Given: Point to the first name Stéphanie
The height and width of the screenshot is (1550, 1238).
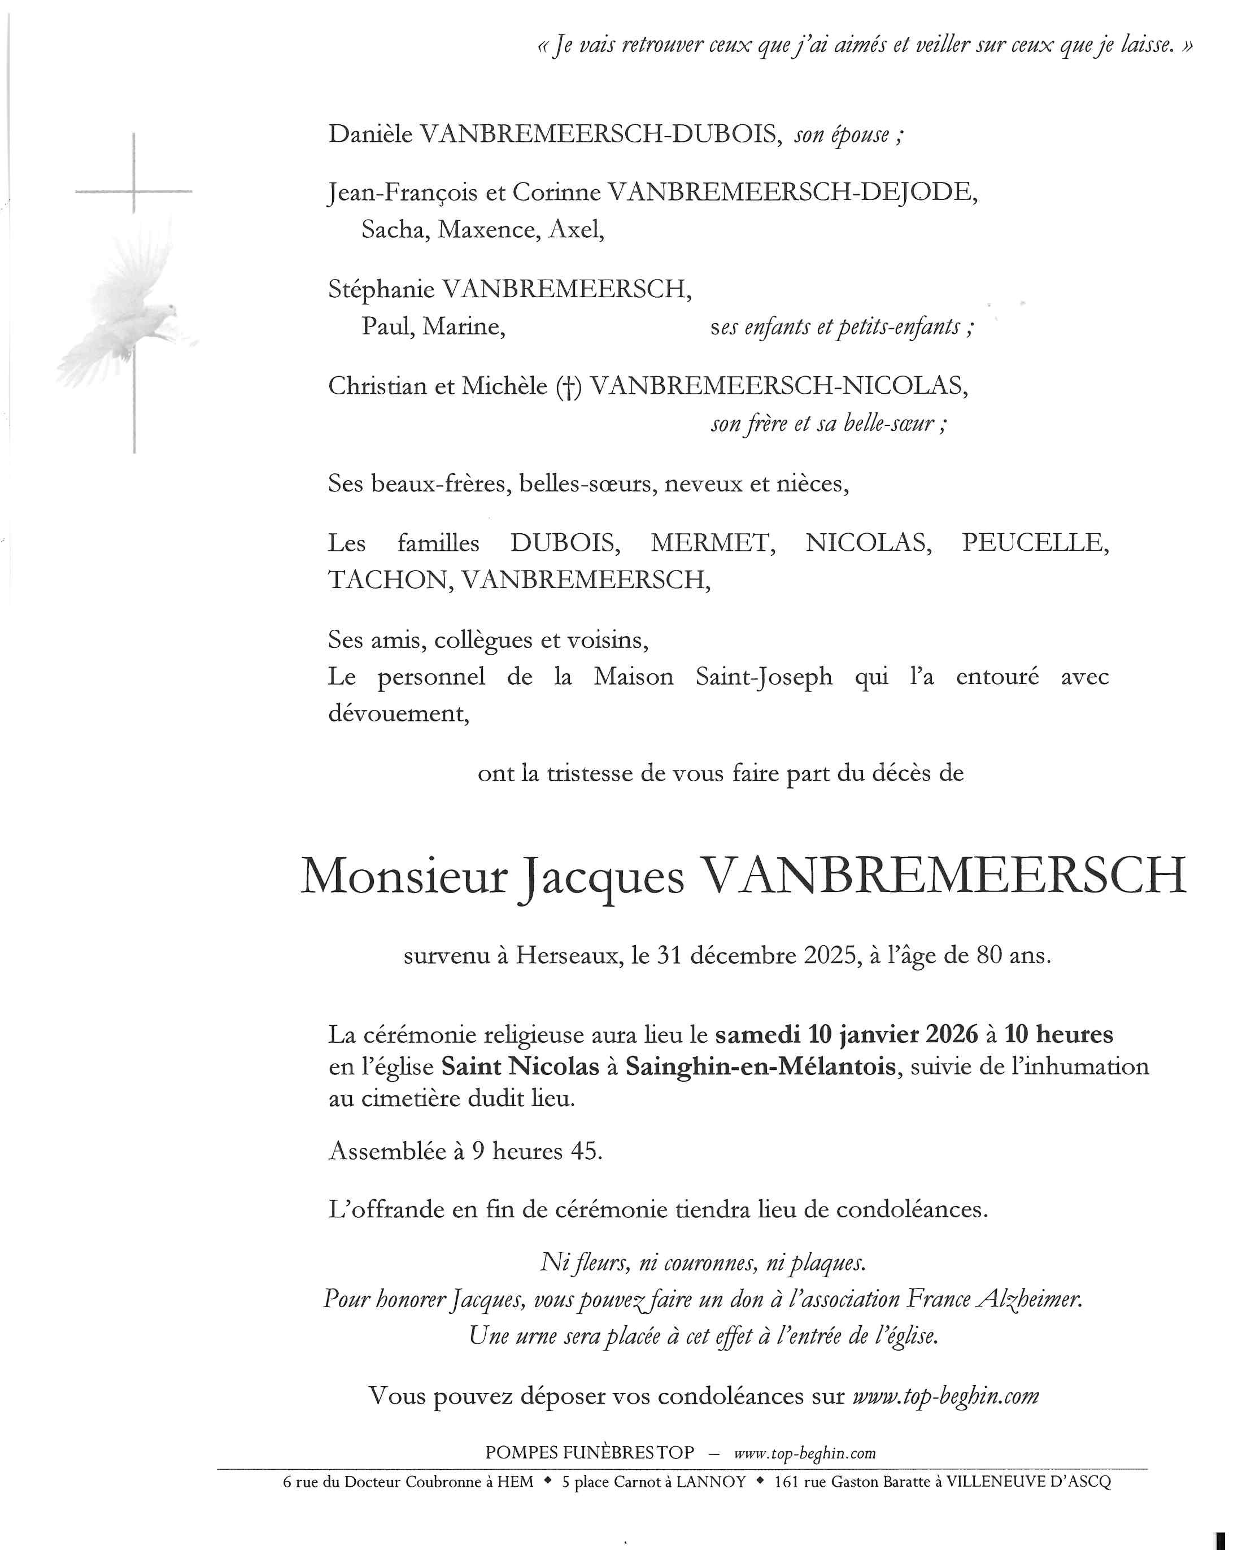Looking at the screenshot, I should point(381,290).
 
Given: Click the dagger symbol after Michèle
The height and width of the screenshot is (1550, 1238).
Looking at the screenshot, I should point(568,387).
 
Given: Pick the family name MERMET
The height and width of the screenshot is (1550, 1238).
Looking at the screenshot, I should point(712,543).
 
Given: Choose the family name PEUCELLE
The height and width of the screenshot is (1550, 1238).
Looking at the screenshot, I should point(1035,543).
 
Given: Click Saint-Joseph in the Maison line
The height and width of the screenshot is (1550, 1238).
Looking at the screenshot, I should point(764,677).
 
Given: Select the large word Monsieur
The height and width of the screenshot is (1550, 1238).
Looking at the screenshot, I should point(403,877).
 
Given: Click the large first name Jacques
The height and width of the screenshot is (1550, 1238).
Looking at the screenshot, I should point(601,878).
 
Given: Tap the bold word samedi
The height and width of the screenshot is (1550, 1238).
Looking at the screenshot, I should point(757,1034).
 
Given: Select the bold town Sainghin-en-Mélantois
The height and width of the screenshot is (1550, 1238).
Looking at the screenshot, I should point(761,1066).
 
